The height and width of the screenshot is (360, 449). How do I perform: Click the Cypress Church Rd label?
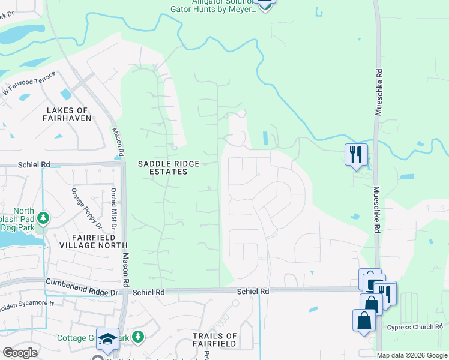414,327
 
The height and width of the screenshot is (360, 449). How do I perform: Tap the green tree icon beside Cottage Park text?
139,337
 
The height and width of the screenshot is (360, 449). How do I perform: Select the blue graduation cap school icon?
108,339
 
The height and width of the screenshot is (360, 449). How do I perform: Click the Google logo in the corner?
20,353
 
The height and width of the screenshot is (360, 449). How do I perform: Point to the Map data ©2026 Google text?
412,355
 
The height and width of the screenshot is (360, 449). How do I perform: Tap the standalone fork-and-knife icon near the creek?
355,155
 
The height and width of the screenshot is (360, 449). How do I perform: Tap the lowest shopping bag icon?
364,320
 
